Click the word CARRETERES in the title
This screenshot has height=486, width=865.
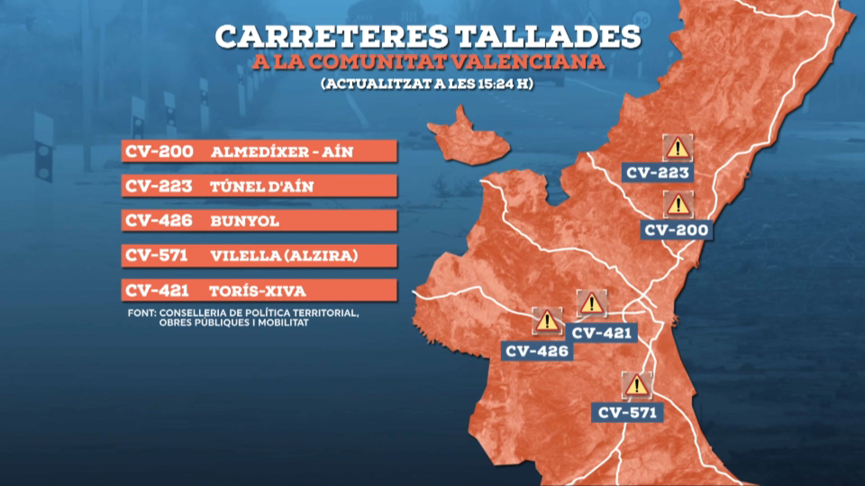[331, 37]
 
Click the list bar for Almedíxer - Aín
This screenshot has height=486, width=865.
[259, 151]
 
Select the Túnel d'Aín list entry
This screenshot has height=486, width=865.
[259, 186]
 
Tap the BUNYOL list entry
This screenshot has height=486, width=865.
[259, 221]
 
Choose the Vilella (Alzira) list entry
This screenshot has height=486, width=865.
[259, 255]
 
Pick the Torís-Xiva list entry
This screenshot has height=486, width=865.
[259, 291]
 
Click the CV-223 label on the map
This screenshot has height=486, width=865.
[657, 173]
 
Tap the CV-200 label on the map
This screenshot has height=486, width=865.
[676, 230]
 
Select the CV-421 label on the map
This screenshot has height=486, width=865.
[602, 333]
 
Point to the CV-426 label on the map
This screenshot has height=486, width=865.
[537, 352]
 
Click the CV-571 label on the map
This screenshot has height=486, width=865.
[627, 413]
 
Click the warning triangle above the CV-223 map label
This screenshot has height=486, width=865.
[677, 148]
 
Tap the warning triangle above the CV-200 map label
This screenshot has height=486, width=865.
[678, 205]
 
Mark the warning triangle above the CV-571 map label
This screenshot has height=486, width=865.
[636, 386]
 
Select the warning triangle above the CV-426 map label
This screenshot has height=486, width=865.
[547, 321]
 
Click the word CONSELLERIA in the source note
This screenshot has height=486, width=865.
[191, 313]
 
